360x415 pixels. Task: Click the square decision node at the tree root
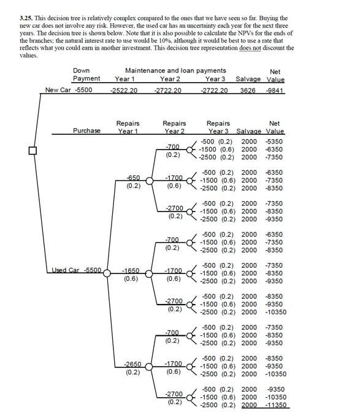(x=32, y=151)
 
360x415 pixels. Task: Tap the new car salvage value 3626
(x=248, y=90)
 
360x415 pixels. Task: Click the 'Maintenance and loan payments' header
(x=175, y=71)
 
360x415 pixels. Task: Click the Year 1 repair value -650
(x=132, y=178)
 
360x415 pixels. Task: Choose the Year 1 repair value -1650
(x=131, y=270)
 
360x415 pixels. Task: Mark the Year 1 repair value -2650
(x=132, y=364)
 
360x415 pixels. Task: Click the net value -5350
(x=274, y=142)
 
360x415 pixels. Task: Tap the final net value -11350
(x=275, y=405)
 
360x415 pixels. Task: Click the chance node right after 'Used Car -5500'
(x=107, y=273)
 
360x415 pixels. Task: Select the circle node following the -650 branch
(x=148, y=181)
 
